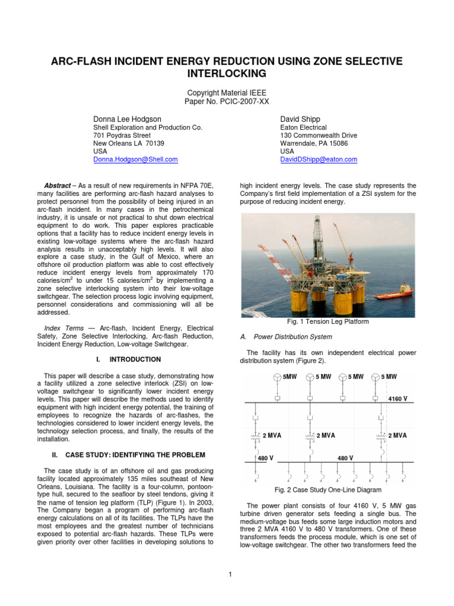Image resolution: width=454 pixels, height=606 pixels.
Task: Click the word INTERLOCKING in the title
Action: tap(227, 73)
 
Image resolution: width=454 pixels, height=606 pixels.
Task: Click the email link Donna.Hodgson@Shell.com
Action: tap(135, 160)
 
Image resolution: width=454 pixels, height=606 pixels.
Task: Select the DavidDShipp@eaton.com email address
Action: tap(318, 160)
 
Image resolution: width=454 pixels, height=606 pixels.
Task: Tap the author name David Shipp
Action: tap(300, 119)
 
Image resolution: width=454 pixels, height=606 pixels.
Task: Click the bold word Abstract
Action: tap(58, 185)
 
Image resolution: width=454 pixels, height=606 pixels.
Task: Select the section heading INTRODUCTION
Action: tap(135, 359)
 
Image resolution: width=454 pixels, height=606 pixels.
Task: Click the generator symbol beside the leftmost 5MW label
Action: tap(277, 377)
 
